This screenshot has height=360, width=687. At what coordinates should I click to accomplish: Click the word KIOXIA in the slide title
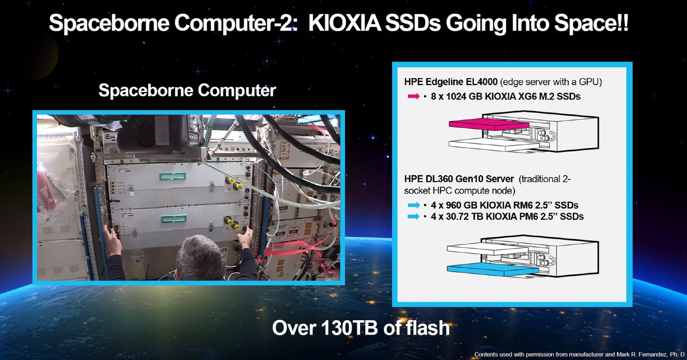pyautogui.click(x=344, y=23)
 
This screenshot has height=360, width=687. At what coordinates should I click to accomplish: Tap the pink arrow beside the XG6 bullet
pyautogui.click(x=413, y=96)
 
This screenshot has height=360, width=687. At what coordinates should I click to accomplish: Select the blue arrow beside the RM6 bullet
pyautogui.click(x=413, y=205)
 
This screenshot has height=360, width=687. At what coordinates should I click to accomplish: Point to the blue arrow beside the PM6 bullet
pyautogui.click(x=413, y=217)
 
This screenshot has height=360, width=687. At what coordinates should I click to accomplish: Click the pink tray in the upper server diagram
pyautogui.click(x=489, y=124)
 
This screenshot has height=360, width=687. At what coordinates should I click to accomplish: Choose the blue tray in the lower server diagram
pyautogui.click(x=492, y=269)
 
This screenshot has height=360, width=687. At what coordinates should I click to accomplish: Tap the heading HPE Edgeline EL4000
pyautogui.click(x=451, y=82)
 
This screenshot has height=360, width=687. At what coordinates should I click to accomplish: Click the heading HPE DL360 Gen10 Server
pyautogui.click(x=459, y=178)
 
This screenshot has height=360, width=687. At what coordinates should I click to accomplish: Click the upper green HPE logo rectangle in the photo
pyautogui.click(x=172, y=176)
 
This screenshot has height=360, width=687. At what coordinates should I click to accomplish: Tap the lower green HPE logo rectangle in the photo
pyautogui.click(x=173, y=218)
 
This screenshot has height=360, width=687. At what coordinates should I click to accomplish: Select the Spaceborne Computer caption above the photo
pyautogui.click(x=187, y=91)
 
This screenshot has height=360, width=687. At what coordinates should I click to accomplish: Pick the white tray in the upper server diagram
pyautogui.click(x=494, y=145)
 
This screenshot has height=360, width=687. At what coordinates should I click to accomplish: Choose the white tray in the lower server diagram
pyautogui.click(x=488, y=248)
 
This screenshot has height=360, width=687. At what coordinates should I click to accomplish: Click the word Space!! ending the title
pyautogui.click(x=591, y=23)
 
